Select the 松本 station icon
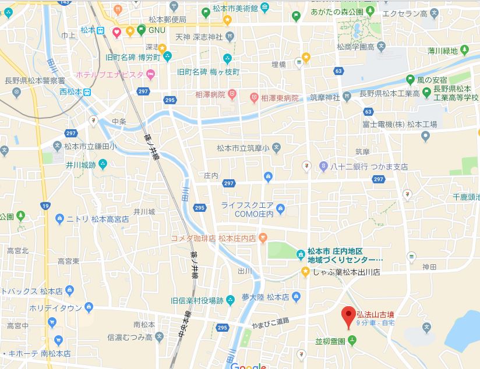[101, 30]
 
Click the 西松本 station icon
[86, 91]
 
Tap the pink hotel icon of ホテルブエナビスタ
[150, 74]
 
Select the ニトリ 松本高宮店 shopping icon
[59, 219]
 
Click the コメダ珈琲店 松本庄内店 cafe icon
[263, 237]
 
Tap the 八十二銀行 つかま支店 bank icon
[323, 166]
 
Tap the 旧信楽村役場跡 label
[197, 300]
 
